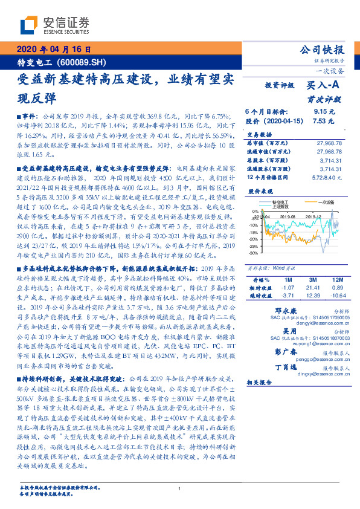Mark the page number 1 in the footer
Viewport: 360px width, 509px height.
click(x=180, y=488)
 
